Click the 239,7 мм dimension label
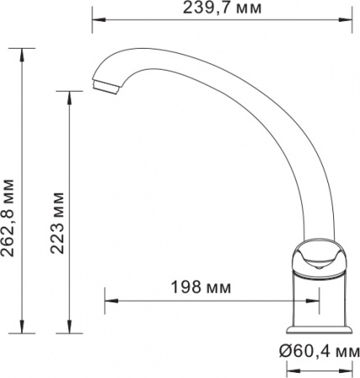tap(222, 8)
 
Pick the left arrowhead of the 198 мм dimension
tap(108, 301)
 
